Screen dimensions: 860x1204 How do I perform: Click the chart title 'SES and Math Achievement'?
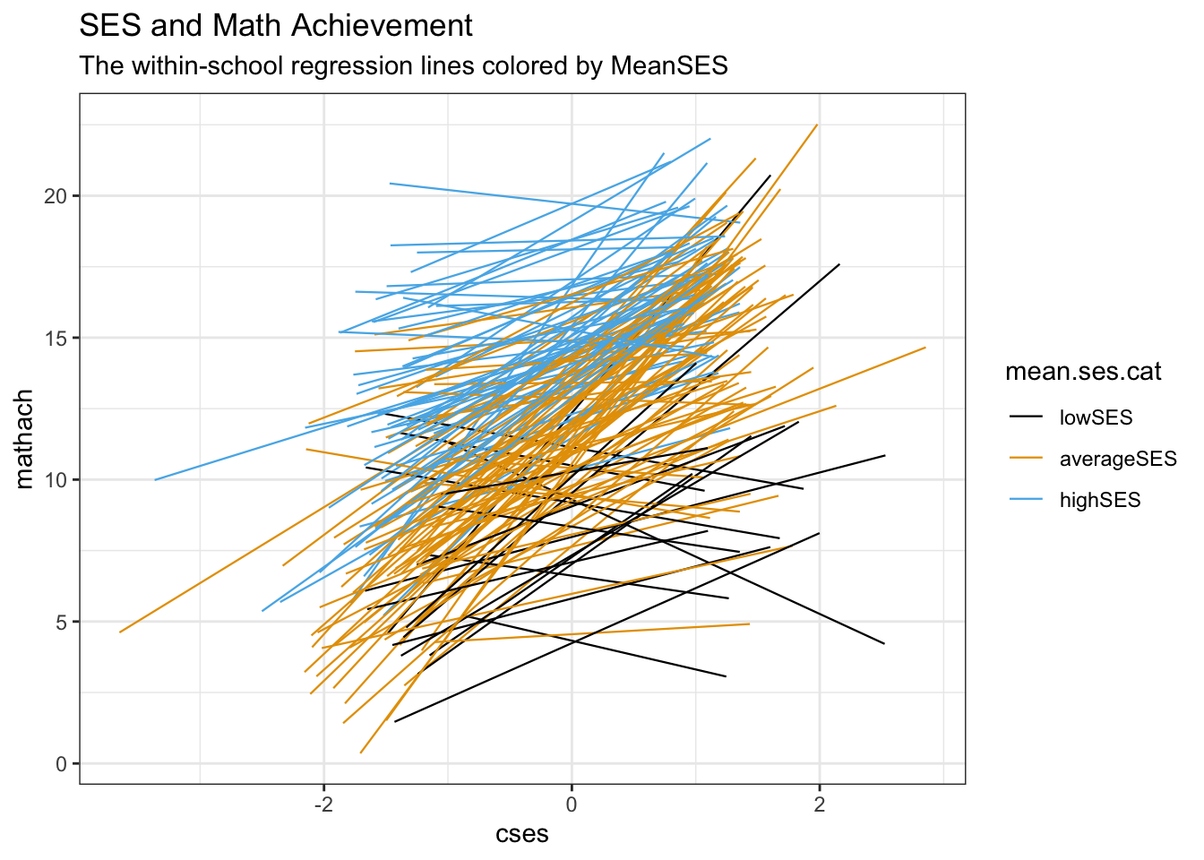[x=276, y=26]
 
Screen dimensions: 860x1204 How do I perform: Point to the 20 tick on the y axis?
[x=62, y=196]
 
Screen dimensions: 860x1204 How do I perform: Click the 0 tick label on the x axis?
[x=572, y=804]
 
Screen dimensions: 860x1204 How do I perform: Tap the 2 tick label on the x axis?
[x=820, y=804]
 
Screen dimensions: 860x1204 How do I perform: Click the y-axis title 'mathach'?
[x=25, y=439]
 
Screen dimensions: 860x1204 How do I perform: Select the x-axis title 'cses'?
[x=522, y=835]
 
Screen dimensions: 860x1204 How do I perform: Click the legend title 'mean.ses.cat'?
[x=1083, y=372]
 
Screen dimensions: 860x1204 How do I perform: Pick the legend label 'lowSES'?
[x=1096, y=417]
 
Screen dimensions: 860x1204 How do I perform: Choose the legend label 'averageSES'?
[x=1118, y=459]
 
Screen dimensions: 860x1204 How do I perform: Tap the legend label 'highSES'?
[x=1100, y=500]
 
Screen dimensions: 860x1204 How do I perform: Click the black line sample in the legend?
[x=1027, y=417]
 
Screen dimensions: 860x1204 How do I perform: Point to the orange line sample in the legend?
[x=1027, y=459]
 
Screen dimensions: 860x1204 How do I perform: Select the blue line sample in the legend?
[x=1027, y=500]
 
